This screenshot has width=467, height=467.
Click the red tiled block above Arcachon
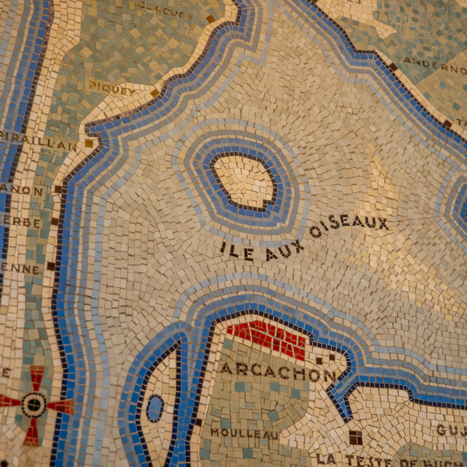(269, 337)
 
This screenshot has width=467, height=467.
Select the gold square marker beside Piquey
(155, 92)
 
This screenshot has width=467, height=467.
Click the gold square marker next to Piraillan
(89, 143)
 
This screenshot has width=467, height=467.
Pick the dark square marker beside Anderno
(393, 67)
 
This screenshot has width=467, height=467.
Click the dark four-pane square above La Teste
(355, 437)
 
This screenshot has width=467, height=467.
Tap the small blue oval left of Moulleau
(155, 408)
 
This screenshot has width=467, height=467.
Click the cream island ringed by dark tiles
(243, 181)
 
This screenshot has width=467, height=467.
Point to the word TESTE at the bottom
(368, 461)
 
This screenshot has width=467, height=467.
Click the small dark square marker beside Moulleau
(198, 422)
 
